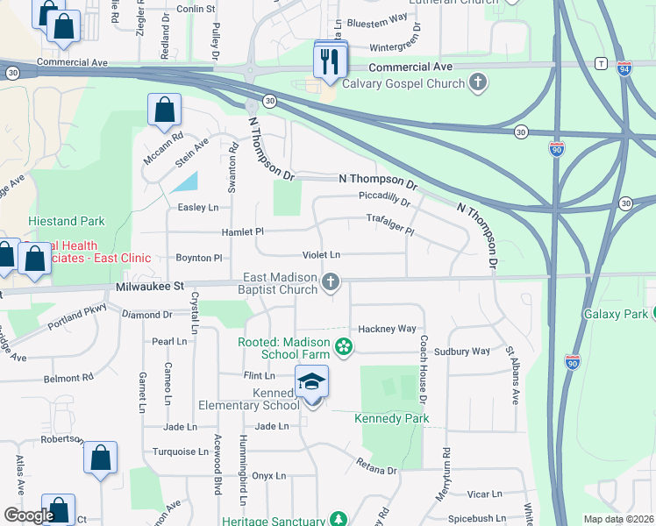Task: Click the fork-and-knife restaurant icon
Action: click(x=331, y=60)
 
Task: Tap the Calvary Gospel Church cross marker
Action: click(x=478, y=84)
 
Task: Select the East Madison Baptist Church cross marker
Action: click(x=330, y=282)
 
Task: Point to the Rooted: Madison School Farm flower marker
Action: click(x=344, y=348)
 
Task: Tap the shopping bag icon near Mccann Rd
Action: click(x=164, y=111)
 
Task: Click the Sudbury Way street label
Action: click(x=466, y=352)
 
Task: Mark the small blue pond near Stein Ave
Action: click(x=187, y=181)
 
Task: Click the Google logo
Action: click(x=29, y=515)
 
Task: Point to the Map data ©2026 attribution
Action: click(x=618, y=519)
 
